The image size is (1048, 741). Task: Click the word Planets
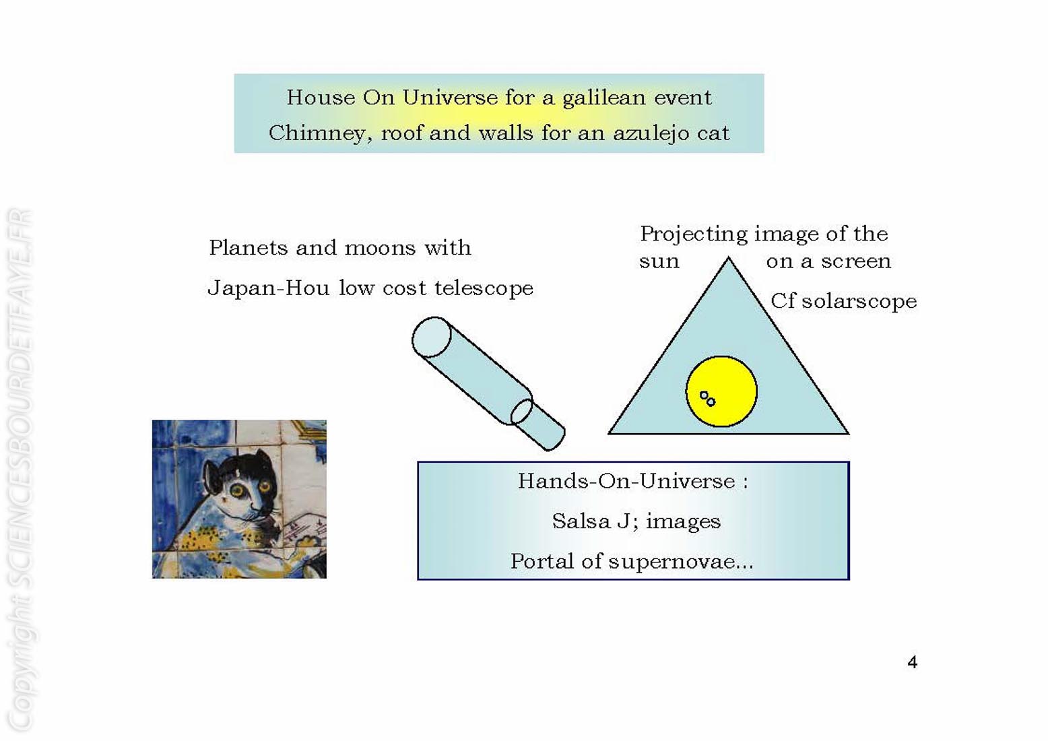coord(249,247)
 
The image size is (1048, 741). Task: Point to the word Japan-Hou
coord(269,288)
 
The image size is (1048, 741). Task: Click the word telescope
coord(484,288)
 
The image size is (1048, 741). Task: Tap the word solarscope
coord(859,302)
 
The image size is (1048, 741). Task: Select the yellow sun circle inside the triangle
coord(721,391)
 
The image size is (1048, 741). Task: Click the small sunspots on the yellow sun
coord(707,399)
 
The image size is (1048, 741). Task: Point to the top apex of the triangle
coord(729,257)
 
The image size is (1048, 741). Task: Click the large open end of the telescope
coord(431,337)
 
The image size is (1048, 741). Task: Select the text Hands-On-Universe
coord(626,482)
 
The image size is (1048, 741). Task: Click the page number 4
coord(913,662)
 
